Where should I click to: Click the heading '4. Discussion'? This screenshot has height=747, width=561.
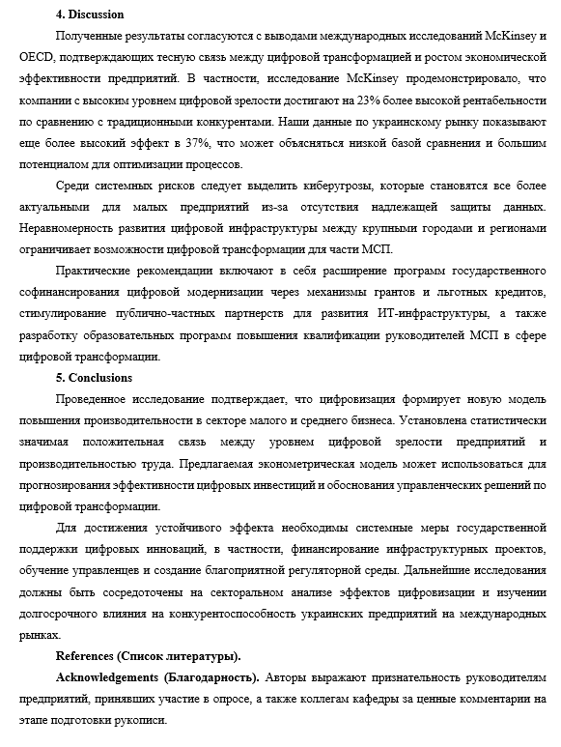pyautogui.click(x=90, y=14)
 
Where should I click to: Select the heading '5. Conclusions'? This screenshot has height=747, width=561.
pyautogui.click(x=94, y=377)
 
